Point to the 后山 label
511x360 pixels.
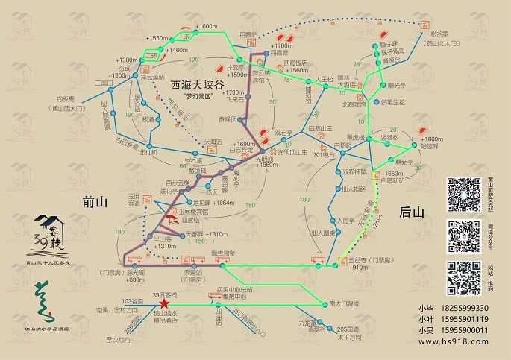[x=412, y=212]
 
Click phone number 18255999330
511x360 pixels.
[x=463, y=309]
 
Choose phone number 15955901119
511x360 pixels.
[x=463, y=320]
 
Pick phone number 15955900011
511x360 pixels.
[x=463, y=331]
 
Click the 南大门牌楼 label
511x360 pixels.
[x=343, y=303]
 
